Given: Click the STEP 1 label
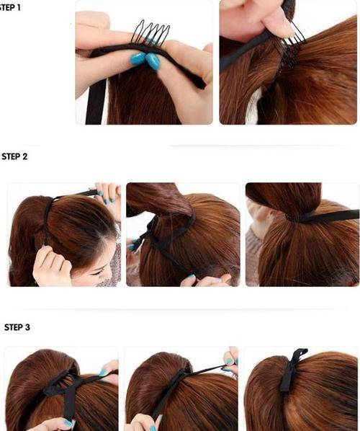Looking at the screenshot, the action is pos(10,7).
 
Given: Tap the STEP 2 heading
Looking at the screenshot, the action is pos(14,156).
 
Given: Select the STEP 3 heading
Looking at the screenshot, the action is pos(17,327).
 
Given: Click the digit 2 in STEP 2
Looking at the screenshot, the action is pos(25,156).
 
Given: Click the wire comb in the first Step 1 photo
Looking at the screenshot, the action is pos(150,34).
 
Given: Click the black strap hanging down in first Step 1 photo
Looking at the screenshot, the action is pos(96,102).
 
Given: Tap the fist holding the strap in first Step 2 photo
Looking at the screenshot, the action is pos(52,265).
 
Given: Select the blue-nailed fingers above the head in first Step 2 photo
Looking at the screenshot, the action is pos(108,193).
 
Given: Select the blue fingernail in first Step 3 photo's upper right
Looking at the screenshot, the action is pos(103,373).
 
